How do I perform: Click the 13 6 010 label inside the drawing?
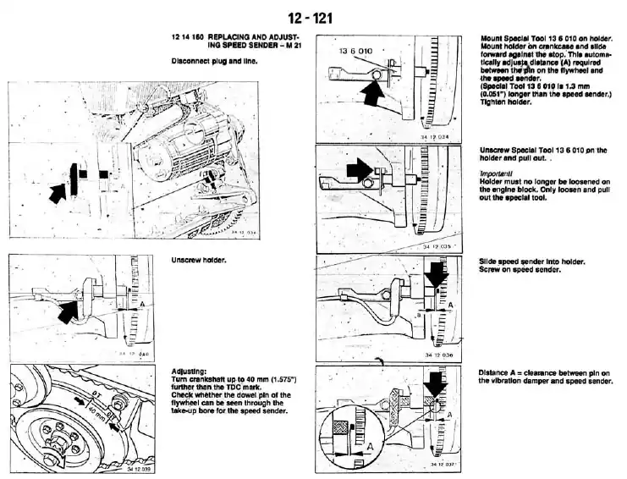click(x=355, y=52)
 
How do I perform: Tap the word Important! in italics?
click(x=496, y=173)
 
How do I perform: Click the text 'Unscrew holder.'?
click(x=199, y=260)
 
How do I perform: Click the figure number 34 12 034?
click(x=434, y=135)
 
